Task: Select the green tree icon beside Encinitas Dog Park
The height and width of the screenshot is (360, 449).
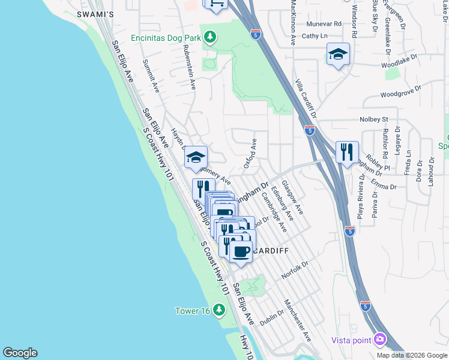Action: [209, 38]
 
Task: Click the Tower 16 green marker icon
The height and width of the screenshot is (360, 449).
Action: [219, 310]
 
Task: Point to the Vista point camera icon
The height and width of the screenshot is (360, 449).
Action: [379, 340]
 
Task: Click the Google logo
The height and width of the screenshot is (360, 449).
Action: [20, 353]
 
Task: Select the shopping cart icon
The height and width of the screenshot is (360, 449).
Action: [215, 4]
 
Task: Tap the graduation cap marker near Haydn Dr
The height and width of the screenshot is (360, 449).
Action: [195, 158]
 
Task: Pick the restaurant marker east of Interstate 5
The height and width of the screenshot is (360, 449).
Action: [347, 152]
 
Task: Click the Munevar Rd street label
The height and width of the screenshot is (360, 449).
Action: [324, 24]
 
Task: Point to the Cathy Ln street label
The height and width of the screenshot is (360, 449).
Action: [315, 36]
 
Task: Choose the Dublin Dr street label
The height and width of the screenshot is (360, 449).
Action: [271, 316]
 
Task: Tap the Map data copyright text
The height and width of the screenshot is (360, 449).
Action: [412, 355]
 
